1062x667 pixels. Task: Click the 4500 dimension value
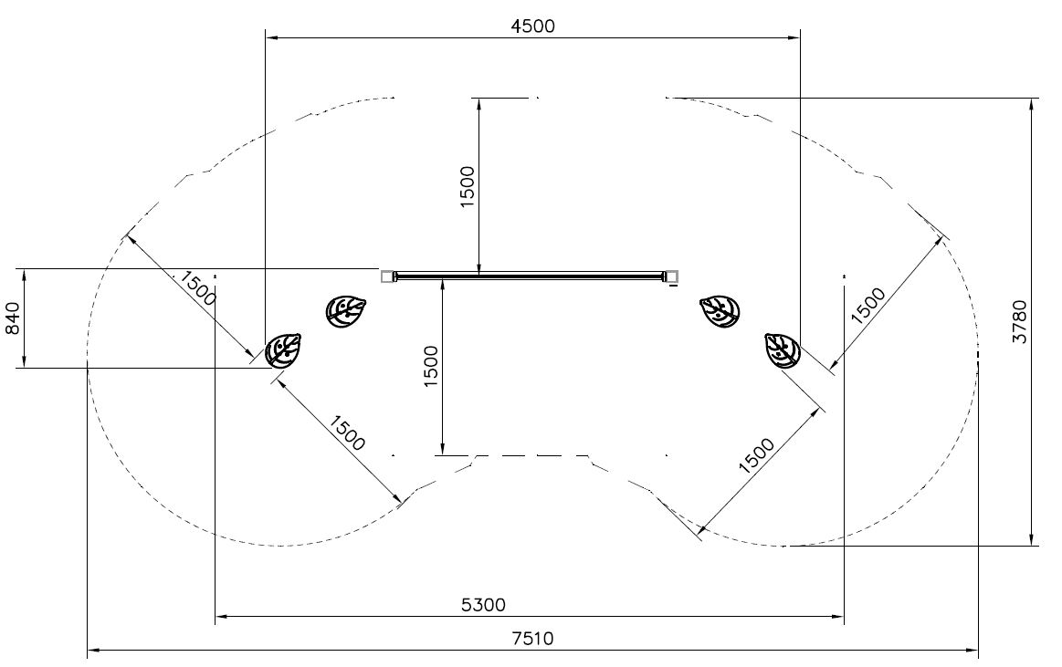pyautogui.click(x=532, y=26)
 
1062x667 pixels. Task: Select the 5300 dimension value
pyautogui.click(x=483, y=604)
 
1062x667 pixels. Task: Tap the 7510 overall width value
pyautogui.click(x=532, y=638)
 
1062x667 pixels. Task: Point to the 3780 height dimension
pyautogui.click(x=1019, y=321)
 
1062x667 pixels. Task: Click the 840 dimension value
pyautogui.click(x=13, y=318)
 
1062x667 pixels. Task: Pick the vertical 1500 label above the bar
pyautogui.click(x=468, y=187)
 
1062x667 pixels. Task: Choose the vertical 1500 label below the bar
pyautogui.click(x=431, y=366)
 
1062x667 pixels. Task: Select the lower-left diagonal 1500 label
pyautogui.click(x=347, y=433)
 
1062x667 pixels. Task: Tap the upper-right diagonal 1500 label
pyautogui.click(x=867, y=306)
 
